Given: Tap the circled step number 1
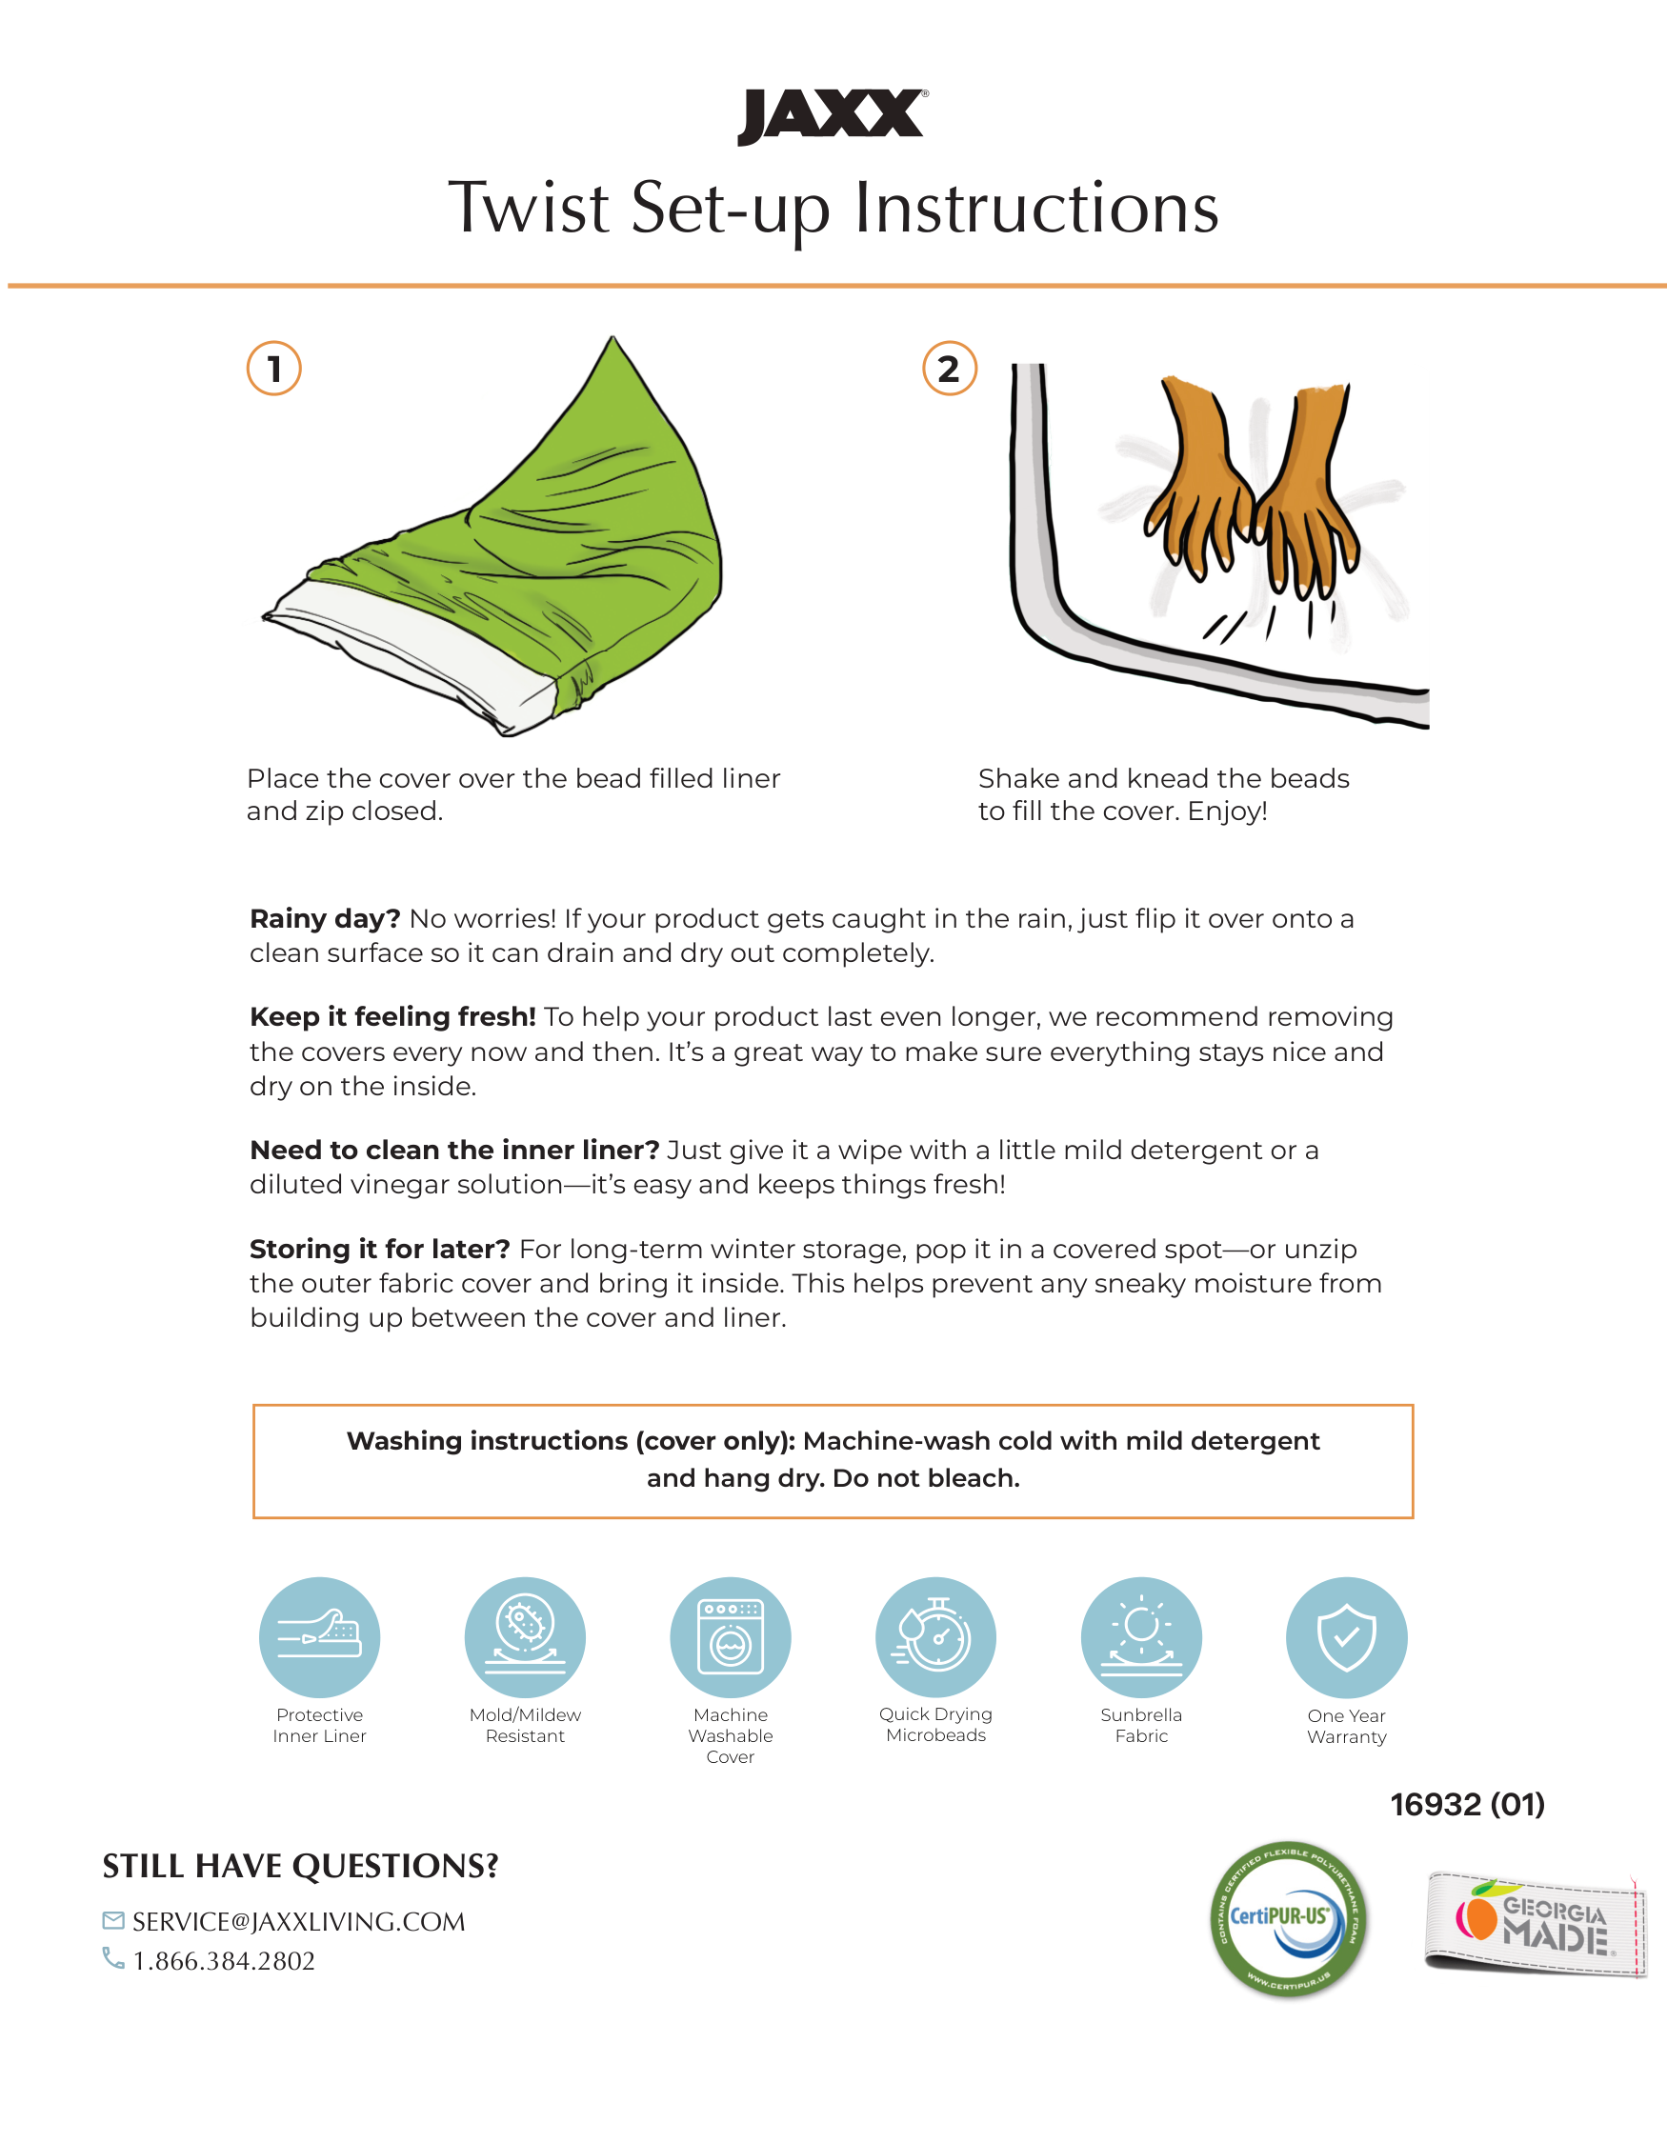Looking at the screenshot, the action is tap(273, 369).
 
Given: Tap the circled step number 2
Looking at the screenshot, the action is tap(949, 369).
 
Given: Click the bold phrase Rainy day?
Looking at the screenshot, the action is tap(325, 919).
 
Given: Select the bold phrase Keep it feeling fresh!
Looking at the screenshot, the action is tap(392, 1017).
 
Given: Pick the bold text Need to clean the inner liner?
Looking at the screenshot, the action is tap(454, 1150).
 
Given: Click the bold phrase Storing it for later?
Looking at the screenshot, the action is tap(380, 1249).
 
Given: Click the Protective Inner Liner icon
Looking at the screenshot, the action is tap(319, 1637).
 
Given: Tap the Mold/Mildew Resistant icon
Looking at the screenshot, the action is tap(525, 1637).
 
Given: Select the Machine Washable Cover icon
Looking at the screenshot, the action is tap(730, 1637).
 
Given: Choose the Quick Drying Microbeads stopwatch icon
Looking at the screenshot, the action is tap(936, 1637).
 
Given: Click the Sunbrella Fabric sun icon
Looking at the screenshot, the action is tap(1141, 1637).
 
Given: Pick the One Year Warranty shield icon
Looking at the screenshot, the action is tap(1346, 1637).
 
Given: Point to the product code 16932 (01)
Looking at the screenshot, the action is tap(1467, 1805).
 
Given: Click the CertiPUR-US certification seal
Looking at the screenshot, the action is tap(1288, 1919).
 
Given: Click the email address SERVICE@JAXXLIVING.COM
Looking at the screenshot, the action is tap(298, 1921).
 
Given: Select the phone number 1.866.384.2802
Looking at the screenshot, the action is tap(224, 1960).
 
